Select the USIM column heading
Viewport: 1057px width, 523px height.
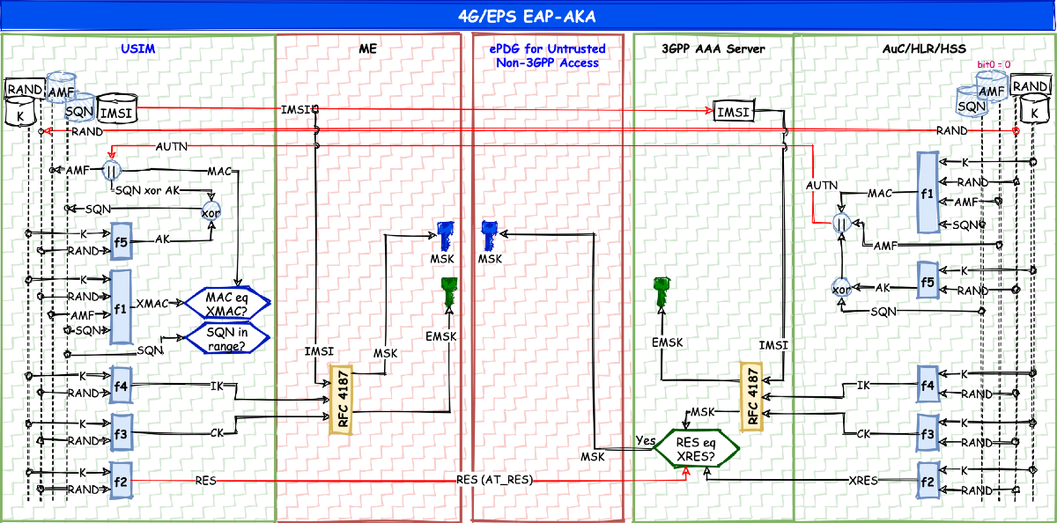[x=138, y=49]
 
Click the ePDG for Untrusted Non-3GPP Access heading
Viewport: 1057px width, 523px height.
[x=544, y=55]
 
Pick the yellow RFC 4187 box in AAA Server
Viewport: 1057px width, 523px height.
[x=751, y=397]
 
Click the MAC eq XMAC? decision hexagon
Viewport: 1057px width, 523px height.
[x=226, y=303]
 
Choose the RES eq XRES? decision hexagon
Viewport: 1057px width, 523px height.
[x=695, y=450]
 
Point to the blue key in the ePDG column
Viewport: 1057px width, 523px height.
[x=490, y=236]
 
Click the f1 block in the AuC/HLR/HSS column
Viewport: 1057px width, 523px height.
[x=926, y=193]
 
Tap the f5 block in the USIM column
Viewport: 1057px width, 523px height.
[x=121, y=242]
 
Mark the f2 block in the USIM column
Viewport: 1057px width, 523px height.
[x=121, y=481]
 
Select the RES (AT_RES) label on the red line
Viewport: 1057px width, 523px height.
[x=495, y=481]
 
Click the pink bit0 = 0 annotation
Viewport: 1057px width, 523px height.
[x=994, y=65]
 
